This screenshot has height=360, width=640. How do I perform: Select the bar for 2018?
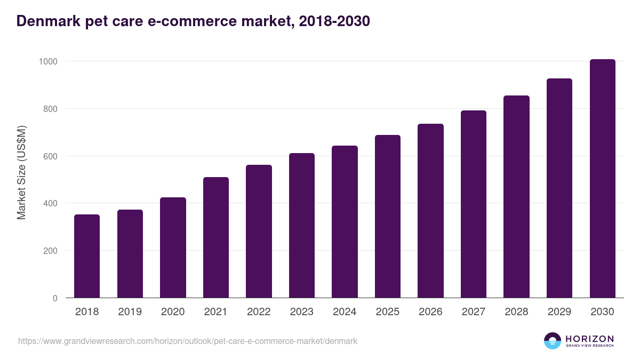(87, 256)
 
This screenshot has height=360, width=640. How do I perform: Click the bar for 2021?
(216, 237)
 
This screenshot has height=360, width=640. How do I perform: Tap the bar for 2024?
(345, 221)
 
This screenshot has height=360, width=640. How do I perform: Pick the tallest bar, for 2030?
(602, 179)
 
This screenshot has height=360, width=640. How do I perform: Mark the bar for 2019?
(130, 253)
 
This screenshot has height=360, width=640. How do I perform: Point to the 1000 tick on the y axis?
(47, 61)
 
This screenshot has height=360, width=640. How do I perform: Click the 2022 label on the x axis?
(259, 312)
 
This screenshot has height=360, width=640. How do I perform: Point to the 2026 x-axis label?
(430, 312)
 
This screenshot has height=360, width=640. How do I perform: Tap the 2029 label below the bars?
(559, 312)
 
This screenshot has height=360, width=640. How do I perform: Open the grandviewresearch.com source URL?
(188, 341)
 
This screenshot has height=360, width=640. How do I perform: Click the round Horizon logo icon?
(553, 341)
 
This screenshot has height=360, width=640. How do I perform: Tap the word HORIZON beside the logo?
(589, 339)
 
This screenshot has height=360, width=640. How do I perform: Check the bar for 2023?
(302, 225)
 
